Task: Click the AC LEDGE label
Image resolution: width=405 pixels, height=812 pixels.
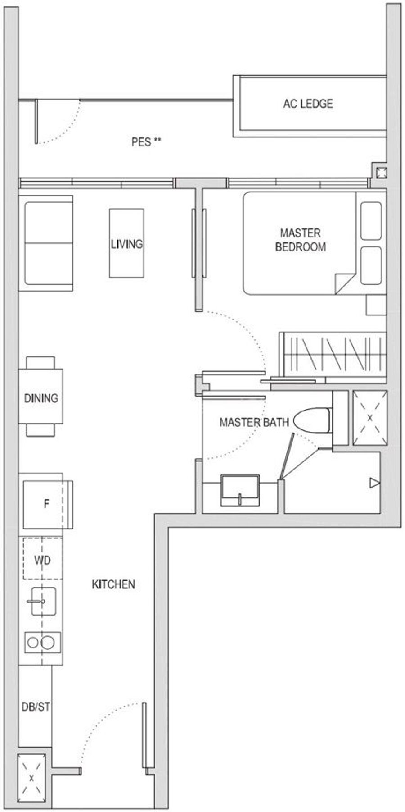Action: (308, 104)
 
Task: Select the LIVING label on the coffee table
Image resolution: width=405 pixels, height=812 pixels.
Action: (127, 244)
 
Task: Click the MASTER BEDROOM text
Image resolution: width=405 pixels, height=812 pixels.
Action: (300, 240)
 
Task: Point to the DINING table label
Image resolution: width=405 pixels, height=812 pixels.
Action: (41, 398)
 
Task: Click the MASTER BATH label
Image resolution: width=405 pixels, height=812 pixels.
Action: (254, 422)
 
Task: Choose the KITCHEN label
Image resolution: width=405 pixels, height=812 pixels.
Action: (113, 584)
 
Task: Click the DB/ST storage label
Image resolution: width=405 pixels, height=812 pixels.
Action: (36, 707)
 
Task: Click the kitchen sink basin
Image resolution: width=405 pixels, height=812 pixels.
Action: (44, 601)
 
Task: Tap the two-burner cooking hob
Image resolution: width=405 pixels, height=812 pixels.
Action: (43, 642)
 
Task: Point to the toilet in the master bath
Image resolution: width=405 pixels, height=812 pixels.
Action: (313, 421)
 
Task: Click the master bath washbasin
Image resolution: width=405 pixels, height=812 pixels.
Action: (240, 490)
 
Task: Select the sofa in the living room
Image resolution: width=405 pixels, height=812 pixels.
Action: (46, 243)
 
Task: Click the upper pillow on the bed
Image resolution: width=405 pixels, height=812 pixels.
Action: (371, 221)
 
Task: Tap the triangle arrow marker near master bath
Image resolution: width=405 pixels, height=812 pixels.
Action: (374, 483)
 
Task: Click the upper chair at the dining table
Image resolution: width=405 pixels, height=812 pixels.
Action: (40, 363)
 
